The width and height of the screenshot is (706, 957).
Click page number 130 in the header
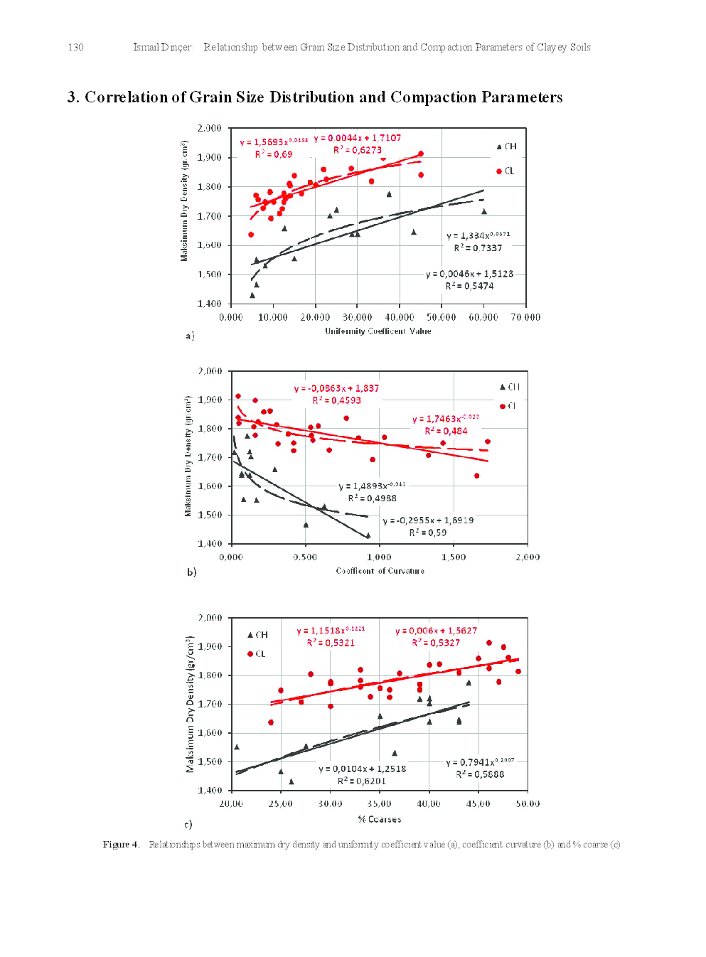(x=75, y=48)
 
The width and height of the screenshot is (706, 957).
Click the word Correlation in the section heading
(x=127, y=97)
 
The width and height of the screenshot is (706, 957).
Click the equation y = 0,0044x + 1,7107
(x=358, y=138)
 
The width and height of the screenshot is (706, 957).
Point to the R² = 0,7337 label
(x=478, y=248)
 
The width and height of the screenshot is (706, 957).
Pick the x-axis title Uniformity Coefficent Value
(x=378, y=331)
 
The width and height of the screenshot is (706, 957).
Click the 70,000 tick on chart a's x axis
(x=525, y=318)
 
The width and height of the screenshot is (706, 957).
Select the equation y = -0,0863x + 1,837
(x=336, y=389)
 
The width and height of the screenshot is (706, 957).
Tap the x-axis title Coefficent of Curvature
(x=380, y=571)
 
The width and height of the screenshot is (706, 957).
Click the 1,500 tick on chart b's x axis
(x=454, y=557)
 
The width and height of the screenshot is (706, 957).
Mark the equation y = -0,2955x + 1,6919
(x=428, y=520)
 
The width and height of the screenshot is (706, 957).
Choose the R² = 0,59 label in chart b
(x=427, y=533)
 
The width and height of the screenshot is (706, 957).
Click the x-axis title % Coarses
(x=380, y=820)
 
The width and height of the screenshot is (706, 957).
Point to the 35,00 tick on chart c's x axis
(x=380, y=804)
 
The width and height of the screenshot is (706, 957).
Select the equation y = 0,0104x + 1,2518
(x=362, y=769)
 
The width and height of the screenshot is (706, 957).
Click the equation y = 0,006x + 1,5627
(x=436, y=631)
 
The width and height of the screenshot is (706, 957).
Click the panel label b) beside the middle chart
(x=191, y=572)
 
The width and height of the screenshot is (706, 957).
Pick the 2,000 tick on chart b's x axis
(x=528, y=557)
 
